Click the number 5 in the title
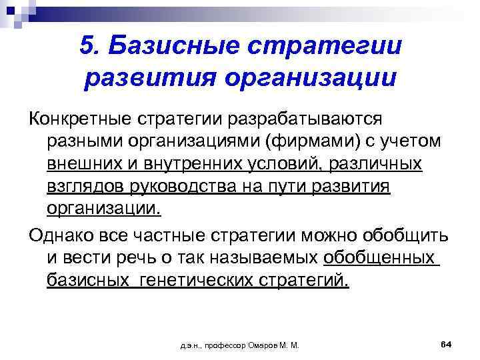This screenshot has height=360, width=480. pos(87,45)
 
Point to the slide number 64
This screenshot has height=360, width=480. pos(447,344)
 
